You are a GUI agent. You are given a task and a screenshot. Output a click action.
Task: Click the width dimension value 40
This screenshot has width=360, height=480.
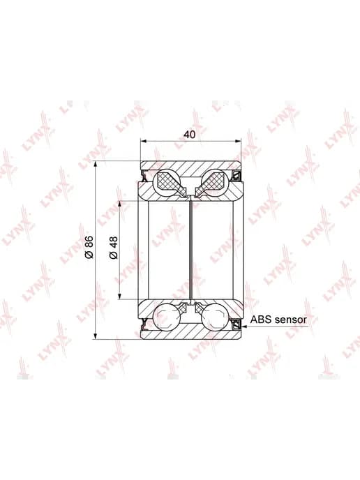(x=189, y=134)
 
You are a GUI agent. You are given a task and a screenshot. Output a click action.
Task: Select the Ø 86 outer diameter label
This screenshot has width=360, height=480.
(x=89, y=248)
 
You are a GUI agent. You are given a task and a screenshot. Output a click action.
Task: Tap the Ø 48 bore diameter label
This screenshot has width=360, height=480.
(x=113, y=248)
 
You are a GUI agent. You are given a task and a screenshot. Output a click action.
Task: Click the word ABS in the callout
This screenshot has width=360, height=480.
(x=261, y=320)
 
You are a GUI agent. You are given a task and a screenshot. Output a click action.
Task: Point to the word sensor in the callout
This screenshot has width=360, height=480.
(x=290, y=320)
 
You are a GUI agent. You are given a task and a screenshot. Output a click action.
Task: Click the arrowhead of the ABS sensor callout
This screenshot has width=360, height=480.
(x=243, y=327)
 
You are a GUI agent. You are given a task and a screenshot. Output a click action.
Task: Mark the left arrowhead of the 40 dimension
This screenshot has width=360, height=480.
(x=144, y=141)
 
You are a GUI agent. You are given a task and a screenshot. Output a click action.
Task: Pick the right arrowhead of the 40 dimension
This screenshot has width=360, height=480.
(x=238, y=141)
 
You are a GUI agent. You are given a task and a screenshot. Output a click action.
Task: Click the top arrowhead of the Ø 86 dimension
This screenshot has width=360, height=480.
(x=96, y=165)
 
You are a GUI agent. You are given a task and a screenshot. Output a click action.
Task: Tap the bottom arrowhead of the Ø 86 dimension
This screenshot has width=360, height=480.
(x=96, y=336)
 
